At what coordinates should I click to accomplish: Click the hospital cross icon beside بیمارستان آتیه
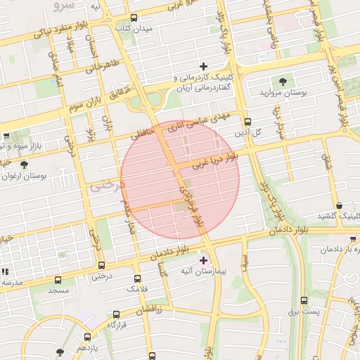(x=204, y=260)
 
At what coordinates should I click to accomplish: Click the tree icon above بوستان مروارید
(x=283, y=82)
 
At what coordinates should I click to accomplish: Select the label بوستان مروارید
(x=280, y=93)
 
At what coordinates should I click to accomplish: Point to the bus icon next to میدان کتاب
(x=134, y=18)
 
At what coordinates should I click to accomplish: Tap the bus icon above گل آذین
(x=247, y=122)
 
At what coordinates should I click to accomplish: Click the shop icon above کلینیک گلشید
(x=340, y=205)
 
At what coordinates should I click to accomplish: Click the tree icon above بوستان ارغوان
(x=25, y=165)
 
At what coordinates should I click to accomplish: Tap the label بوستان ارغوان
(x=25, y=176)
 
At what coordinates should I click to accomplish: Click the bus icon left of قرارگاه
(x=116, y=315)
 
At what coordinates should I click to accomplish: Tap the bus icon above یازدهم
(x=87, y=337)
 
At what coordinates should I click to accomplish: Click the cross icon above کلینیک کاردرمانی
(x=204, y=66)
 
